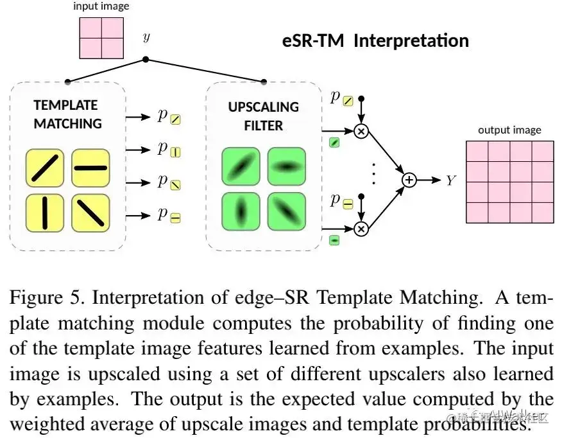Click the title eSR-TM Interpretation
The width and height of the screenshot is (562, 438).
coord(375,41)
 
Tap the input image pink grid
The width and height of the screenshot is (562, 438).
coord(101,38)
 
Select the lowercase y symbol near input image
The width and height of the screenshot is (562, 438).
coord(146,37)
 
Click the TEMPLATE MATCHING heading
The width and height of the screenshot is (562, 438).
coord(67,114)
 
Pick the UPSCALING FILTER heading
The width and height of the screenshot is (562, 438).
coord(263,116)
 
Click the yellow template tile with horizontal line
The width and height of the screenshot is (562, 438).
coord(90,168)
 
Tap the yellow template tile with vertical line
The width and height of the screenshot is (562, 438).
coord(44,213)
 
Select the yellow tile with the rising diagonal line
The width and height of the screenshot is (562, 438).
coord(44,168)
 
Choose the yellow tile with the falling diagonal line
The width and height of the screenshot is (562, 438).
coord(90,213)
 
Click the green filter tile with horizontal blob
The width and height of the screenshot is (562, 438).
coord(286,166)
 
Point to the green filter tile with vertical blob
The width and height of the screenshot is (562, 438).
coord(241,211)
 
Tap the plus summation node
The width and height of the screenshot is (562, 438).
coord(409,180)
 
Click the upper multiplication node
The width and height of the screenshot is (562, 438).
coord(361,131)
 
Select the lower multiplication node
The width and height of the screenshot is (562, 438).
coord(361,229)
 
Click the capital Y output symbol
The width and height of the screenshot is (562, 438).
coord(450,181)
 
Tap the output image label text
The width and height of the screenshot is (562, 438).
coord(509,130)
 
